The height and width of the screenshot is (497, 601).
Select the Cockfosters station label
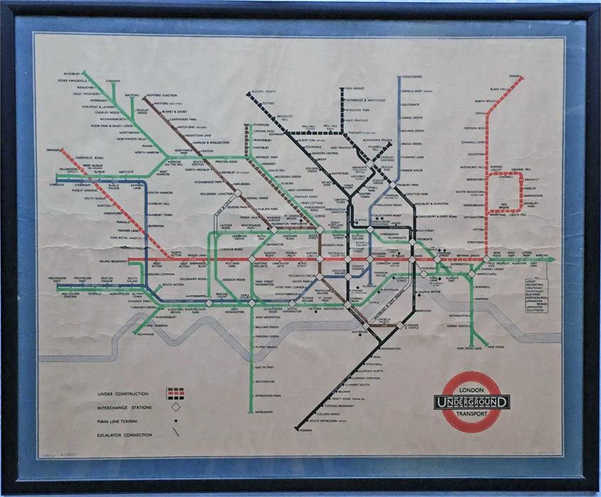point(413,76)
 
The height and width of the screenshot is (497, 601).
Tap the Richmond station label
point(146,333)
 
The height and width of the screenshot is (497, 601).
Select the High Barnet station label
point(354,89)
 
